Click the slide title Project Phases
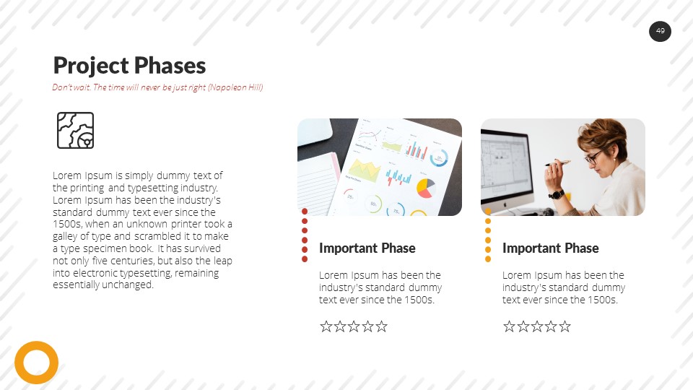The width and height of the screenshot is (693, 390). [x=129, y=66]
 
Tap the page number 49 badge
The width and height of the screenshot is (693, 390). [x=660, y=31]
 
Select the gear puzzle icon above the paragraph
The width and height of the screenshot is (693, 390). [x=75, y=131]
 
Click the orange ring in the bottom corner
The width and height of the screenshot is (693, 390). [x=36, y=363]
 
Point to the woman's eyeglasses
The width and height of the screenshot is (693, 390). [x=593, y=156]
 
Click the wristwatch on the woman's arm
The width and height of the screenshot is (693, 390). [x=556, y=194]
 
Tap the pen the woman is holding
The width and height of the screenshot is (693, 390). [x=557, y=163]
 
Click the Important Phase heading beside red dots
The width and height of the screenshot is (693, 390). [x=367, y=248]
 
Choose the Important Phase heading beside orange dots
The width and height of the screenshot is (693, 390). [x=550, y=248]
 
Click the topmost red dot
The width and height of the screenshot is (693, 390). [x=305, y=212]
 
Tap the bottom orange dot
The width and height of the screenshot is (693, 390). [x=488, y=259]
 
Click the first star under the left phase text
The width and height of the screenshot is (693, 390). [x=326, y=326]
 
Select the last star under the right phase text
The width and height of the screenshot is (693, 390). [x=565, y=326]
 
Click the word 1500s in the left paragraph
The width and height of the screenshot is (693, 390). [x=66, y=224]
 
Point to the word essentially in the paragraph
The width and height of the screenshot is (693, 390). [x=79, y=285]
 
